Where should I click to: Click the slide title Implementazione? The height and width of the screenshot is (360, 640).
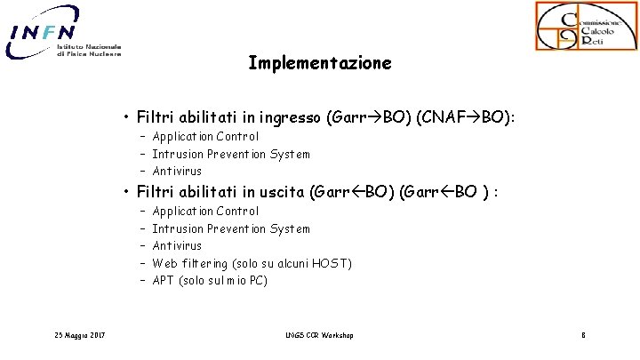coord(319,64)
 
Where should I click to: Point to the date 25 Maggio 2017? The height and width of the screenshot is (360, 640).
coord(79,335)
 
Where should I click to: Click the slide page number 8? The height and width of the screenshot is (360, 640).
coord(582,335)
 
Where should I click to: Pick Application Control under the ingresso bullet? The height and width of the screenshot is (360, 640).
coord(205,137)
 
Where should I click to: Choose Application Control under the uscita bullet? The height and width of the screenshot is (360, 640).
coord(205,212)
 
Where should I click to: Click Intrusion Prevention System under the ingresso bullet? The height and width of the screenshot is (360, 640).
coord(231,154)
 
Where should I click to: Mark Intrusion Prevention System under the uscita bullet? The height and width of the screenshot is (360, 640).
coord(231,228)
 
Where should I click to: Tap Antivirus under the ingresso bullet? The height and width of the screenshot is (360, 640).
coord(177,171)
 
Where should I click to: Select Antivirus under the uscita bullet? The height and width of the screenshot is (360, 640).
coord(177,245)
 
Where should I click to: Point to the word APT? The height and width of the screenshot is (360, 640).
coord(163,281)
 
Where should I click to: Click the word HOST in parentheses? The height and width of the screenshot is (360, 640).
coord(332,263)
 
